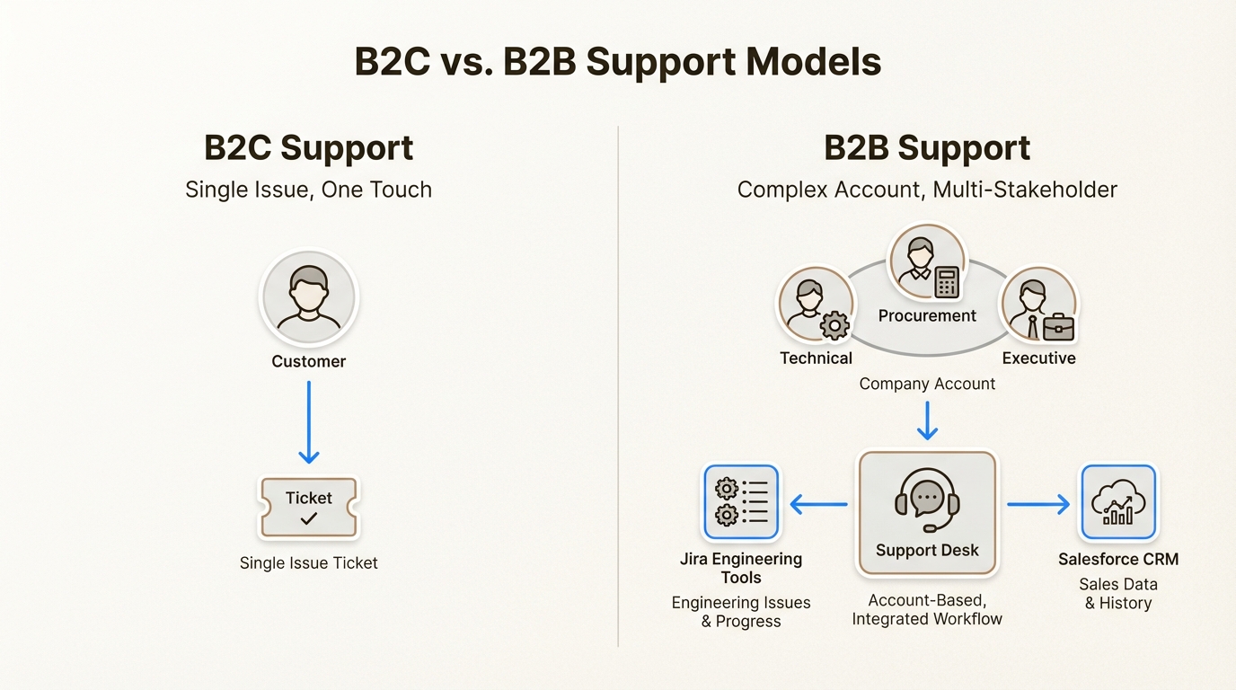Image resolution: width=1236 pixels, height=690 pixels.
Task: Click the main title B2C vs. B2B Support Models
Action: [x=618, y=62]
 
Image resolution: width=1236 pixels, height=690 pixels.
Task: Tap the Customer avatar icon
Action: [x=308, y=297]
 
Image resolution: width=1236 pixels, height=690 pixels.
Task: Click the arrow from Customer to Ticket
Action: [x=308, y=421]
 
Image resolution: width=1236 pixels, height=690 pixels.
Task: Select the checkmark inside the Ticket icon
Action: [x=308, y=518]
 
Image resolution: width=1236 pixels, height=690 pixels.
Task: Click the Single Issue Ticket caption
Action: [x=308, y=563]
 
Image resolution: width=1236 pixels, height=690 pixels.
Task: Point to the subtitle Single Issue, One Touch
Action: [x=308, y=190]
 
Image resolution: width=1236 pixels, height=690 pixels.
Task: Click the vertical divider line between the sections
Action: [x=618, y=386]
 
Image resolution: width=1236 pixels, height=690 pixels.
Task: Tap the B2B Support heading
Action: [x=927, y=148]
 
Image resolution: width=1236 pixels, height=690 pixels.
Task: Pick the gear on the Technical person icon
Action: [x=835, y=325]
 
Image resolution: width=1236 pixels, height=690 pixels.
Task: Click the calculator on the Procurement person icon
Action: [x=947, y=281]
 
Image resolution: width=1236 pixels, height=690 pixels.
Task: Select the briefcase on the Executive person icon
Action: [x=1058, y=326]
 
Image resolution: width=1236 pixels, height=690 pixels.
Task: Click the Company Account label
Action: [x=927, y=384]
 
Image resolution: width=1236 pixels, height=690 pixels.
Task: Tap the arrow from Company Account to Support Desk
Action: [x=927, y=420]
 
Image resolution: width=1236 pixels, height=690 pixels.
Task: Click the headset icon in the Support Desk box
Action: [x=927, y=500]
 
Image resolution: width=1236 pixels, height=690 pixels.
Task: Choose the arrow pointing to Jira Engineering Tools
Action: [x=818, y=505]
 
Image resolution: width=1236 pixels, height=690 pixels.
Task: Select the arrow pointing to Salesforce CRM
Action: [x=1038, y=505]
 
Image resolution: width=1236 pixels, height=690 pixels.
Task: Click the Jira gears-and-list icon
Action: [x=741, y=502]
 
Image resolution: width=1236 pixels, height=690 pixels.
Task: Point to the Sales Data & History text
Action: [x=1117, y=594]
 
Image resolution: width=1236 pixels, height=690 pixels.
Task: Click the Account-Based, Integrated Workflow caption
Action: [x=927, y=610]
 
